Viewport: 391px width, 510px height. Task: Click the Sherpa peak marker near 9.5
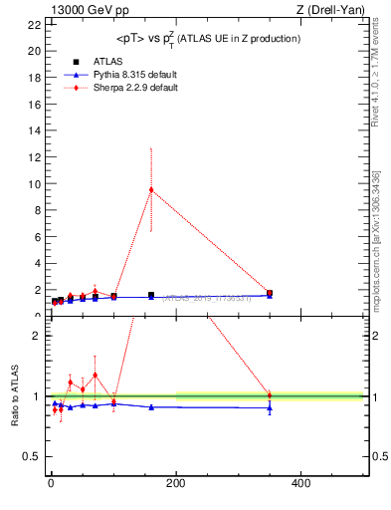(151, 189)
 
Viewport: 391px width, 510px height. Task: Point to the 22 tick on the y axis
(35, 24)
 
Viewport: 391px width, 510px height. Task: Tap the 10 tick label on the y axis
(35, 184)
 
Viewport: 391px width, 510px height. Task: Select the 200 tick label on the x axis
(176, 484)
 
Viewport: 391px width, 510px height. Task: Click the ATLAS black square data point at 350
(270, 294)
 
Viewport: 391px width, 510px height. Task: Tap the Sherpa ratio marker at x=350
(270, 394)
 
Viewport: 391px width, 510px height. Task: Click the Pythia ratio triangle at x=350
(270, 407)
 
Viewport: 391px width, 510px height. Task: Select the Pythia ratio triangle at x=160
(151, 406)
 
